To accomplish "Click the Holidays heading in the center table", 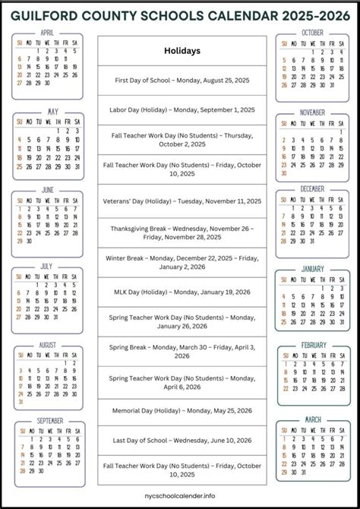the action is click(x=182, y=51).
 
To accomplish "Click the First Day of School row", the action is click(x=182, y=81).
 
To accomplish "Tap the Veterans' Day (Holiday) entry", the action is click(x=182, y=201).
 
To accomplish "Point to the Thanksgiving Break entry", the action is click(x=182, y=232).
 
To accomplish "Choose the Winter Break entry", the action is click(x=182, y=263).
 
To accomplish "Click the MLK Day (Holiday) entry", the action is click(x=182, y=292).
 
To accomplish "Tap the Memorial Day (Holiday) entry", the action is click(x=182, y=410).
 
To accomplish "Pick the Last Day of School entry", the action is click(x=182, y=440).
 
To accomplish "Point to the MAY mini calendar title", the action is click(x=52, y=112).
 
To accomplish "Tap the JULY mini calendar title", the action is click(x=47, y=267).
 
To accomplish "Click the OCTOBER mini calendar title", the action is click(x=312, y=33).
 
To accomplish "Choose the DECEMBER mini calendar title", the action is click(x=312, y=188).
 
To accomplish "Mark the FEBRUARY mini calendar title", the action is click(x=313, y=345).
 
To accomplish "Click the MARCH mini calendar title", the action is click(x=313, y=419).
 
